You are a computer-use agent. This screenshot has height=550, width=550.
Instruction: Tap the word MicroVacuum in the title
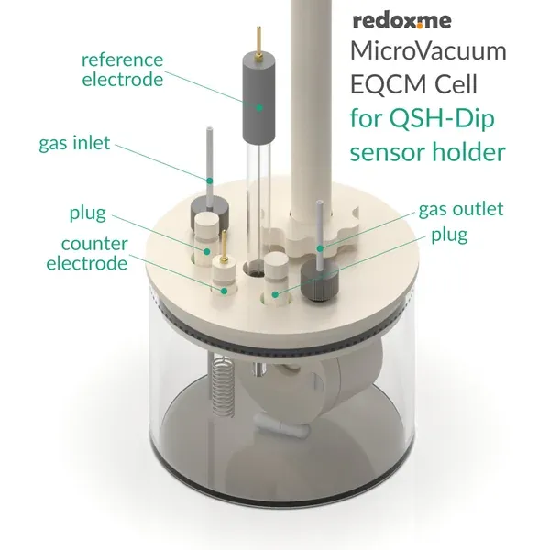(429, 51)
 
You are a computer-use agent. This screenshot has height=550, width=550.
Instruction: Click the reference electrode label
(122, 70)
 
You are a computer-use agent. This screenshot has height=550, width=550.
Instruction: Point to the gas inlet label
(75, 144)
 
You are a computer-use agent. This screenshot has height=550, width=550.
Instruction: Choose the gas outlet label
(461, 210)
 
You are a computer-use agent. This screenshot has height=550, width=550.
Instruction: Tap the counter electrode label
(93, 254)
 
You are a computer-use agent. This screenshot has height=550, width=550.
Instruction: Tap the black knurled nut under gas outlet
(320, 284)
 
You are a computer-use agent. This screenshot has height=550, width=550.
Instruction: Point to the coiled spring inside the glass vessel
(220, 385)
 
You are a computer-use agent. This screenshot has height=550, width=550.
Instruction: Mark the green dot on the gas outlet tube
(320, 247)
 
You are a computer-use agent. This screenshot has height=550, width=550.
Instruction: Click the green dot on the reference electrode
(259, 108)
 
